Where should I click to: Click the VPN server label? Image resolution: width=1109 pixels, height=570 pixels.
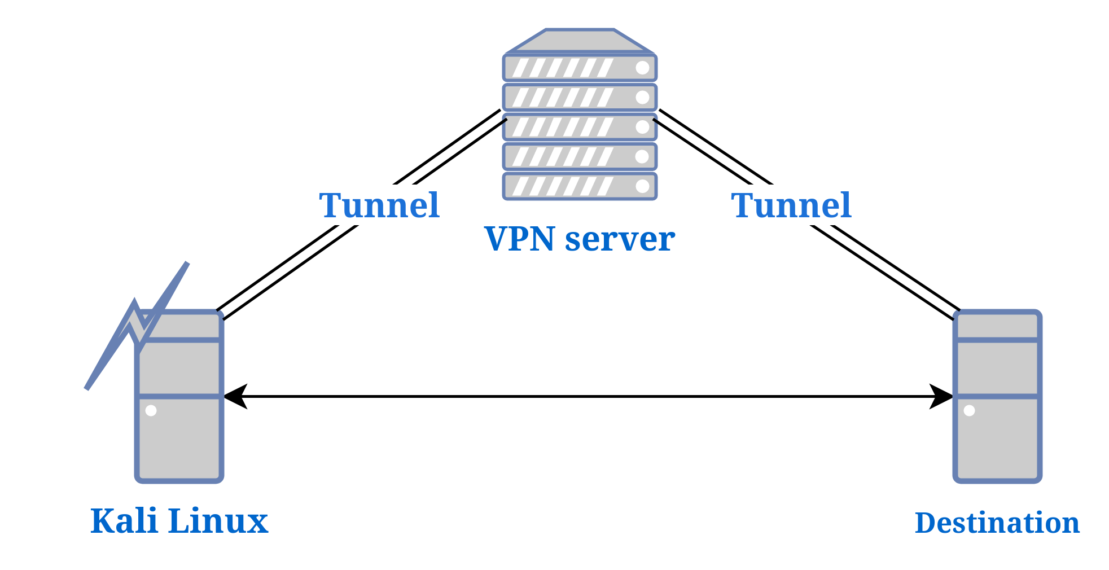click(x=580, y=239)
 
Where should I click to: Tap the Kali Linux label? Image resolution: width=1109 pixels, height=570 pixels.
click(x=179, y=520)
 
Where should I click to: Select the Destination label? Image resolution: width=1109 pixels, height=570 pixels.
click(x=997, y=523)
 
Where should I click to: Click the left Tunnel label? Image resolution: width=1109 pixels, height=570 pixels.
click(x=379, y=205)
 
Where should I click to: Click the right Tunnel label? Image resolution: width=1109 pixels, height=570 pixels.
click(x=791, y=205)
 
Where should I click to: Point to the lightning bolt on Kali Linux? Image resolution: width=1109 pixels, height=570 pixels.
click(x=135, y=327)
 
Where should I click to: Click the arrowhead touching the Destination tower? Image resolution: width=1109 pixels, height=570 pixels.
click(x=940, y=396)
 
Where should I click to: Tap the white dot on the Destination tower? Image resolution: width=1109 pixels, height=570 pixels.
click(x=969, y=410)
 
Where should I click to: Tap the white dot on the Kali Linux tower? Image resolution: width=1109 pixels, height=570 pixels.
click(x=151, y=410)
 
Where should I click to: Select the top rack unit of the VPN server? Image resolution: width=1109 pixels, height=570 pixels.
click(x=580, y=68)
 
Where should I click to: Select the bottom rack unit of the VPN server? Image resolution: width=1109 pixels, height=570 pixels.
click(x=580, y=186)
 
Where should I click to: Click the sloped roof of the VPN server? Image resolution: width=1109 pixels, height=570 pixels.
click(x=580, y=41)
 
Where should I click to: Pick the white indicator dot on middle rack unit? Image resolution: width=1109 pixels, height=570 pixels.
click(x=642, y=127)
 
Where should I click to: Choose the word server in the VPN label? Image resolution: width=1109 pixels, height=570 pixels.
click(x=620, y=239)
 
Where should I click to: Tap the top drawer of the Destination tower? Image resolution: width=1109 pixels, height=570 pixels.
click(x=997, y=326)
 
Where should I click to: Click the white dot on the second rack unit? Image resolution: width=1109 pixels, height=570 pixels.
click(x=642, y=97)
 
